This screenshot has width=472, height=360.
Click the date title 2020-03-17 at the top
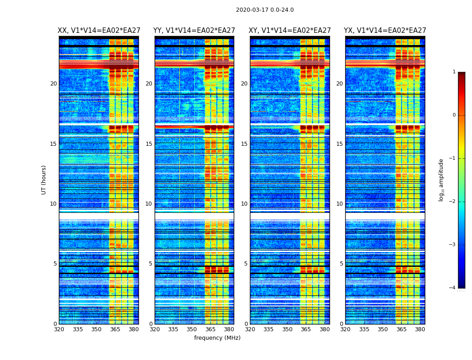pos(265,10)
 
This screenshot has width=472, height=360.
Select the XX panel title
pos(99,31)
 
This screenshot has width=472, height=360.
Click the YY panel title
pos(194,31)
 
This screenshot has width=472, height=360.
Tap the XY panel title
pos(290,31)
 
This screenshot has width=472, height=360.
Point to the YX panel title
pos(385,31)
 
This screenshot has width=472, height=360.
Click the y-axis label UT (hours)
pos(44,180)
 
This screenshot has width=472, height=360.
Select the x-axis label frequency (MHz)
pos(217,338)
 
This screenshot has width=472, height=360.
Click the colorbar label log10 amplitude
pos(441,180)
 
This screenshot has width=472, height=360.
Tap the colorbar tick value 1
pos(454,72)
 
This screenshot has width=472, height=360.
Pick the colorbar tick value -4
pos(453,288)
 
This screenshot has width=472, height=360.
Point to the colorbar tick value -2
pos(453,202)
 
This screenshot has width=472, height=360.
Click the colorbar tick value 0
pos(454,115)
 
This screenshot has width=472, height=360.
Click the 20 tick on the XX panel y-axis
pos(53,84)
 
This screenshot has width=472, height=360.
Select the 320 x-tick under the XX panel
pos(59,329)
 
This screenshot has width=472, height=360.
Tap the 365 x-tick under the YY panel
pos(210,329)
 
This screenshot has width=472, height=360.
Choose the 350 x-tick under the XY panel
pos(287,329)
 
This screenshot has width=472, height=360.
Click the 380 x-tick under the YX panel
pos(420,329)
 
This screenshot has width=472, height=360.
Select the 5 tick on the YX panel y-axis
pos(341,264)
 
